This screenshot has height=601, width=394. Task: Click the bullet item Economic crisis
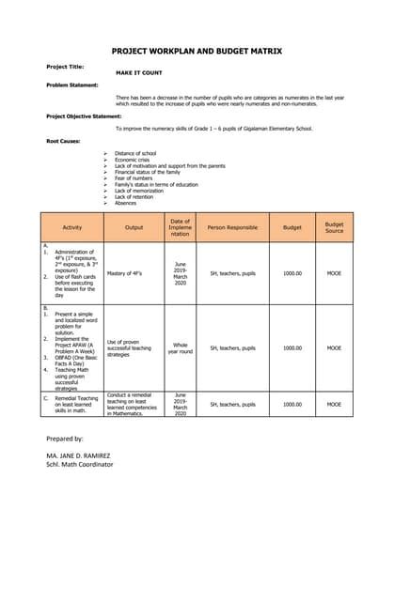(x=134, y=160)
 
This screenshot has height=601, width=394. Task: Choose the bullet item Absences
(x=126, y=203)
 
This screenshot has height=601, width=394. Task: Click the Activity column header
(x=72, y=227)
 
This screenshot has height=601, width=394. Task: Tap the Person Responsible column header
(x=232, y=227)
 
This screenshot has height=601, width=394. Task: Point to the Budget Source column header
(x=334, y=227)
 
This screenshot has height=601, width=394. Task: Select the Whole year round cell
(x=180, y=347)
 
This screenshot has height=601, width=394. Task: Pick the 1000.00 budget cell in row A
(x=292, y=273)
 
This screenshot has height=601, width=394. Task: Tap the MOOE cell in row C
(x=334, y=404)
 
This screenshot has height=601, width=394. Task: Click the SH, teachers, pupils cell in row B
(x=232, y=347)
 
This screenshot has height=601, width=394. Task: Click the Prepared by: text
(x=65, y=439)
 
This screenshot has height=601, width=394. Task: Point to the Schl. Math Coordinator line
(x=79, y=464)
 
